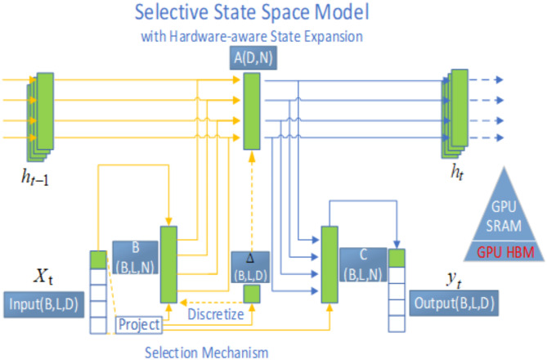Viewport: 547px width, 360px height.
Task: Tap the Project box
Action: (x=138, y=325)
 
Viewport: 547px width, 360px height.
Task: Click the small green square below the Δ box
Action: (x=251, y=293)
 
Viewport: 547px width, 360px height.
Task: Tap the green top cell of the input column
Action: (x=97, y=259)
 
